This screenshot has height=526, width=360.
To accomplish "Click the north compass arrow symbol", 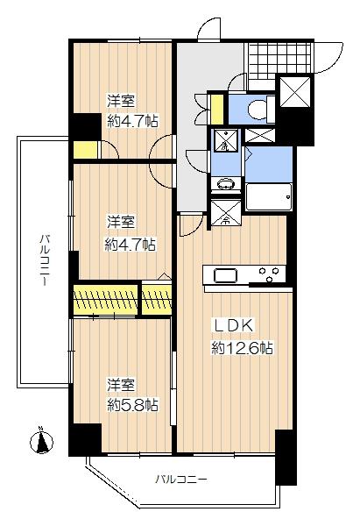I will [x=40, y=440].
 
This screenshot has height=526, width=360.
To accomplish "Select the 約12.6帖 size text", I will [x=241, y=348].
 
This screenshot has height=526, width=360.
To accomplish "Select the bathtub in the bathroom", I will [x=268, y=196].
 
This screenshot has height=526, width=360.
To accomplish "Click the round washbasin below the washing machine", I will [x=224, y=185].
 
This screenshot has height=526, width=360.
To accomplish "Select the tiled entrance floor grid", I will [x=260, y=57].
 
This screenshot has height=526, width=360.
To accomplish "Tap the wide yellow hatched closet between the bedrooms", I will [x=106, y=298].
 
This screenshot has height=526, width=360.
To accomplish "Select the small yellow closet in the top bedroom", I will [x=85, y=149].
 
